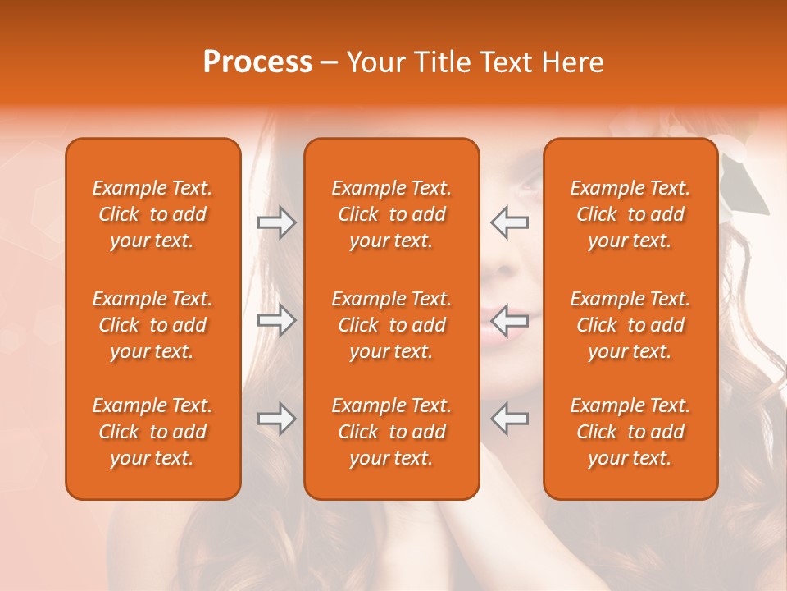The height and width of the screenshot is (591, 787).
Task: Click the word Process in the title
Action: click(x=257, y=62)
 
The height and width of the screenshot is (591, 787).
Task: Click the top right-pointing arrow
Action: click(x=276, y=222)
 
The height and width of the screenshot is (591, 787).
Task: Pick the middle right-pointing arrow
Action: click(x=276, y=320)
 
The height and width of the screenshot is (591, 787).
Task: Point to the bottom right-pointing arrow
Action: click(x=276, y=419)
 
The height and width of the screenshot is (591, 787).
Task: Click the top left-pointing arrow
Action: click(x=510, y=222)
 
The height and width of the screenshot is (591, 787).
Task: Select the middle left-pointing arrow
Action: click(x=510, y=320)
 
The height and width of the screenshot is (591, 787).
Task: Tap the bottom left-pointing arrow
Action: click(x=510, y=419)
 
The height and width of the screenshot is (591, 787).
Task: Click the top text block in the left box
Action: click(x=152, y=214)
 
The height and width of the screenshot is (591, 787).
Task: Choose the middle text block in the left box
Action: click(x=152, y=325)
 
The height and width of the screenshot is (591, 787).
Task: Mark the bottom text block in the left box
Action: click(x=152, y=432)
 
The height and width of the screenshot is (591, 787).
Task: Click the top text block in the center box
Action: click(x=392, y=214)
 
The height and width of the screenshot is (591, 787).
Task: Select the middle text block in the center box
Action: click(x=392, y=325)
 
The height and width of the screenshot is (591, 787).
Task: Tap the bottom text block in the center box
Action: click(x=392, y=432)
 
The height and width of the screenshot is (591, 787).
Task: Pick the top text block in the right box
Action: click(x=630, y=214)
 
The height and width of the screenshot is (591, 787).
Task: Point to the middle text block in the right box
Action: click(x=630, y=325)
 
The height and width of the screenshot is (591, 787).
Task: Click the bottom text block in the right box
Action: click(x=630, y=432)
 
